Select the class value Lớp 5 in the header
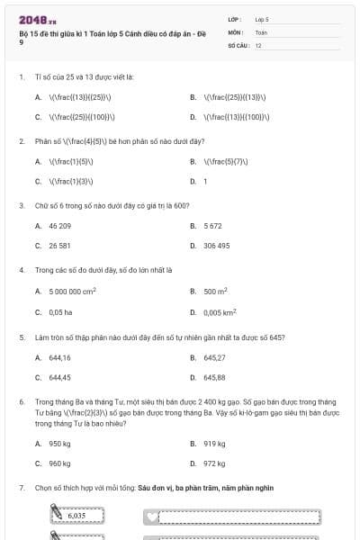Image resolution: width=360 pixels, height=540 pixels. [262, 18]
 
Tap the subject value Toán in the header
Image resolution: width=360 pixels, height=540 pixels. [261, 31]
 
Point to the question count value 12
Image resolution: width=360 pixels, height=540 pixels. [258, 44]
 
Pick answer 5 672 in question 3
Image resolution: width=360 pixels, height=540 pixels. [212, 226]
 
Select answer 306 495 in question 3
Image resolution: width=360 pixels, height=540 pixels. [216, 246]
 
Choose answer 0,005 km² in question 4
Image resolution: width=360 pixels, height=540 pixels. [220, 312]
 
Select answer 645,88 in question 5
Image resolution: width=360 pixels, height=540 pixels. [214, 378]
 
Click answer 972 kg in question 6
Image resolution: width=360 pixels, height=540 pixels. [214, 464]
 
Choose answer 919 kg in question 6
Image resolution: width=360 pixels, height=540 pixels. [214, 444]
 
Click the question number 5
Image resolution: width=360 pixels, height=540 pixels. [21, 337]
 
